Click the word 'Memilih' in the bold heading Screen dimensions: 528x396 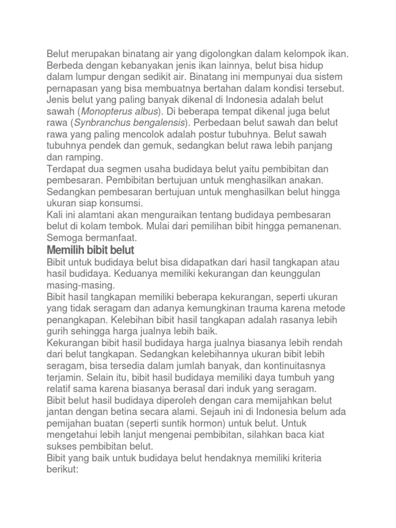click(64, 250)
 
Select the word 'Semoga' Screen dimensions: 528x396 click(65, 238)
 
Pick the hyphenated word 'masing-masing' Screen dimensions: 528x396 click(81, 285)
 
